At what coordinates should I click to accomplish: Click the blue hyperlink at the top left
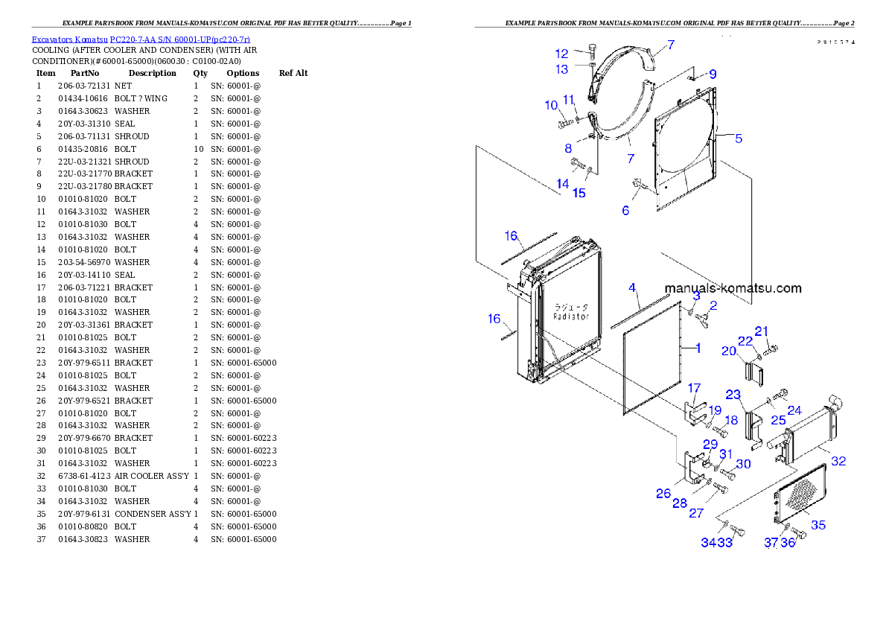(141, 39)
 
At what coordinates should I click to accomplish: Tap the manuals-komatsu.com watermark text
(733, 288)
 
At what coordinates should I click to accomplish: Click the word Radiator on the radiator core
(571, 316)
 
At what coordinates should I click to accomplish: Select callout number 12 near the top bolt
(562, 54)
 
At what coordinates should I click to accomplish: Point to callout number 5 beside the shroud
(739, 138)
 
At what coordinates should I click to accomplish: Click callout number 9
(713, 74)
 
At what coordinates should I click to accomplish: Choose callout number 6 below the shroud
(625, 211)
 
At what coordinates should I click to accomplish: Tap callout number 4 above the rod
(632, 287)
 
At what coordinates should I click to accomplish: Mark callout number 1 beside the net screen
(698, 348)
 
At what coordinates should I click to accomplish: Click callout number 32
(838, 461)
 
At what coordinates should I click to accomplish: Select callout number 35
(818, 525)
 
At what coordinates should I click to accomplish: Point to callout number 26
(663, 493)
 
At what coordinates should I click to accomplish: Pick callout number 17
(694, 388)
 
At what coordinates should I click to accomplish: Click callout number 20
(729, 351)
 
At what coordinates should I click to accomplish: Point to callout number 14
(562, 184)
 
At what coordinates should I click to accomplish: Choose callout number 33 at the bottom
(725, 543)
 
